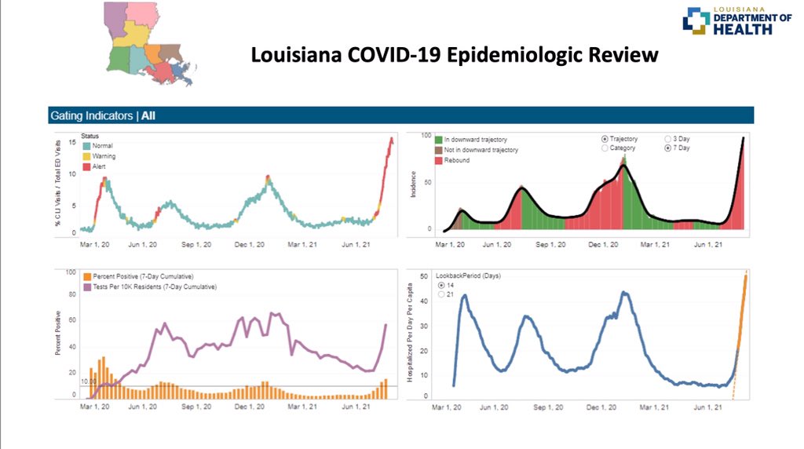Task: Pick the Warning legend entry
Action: (99, 156)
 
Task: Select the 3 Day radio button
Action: (667, 138)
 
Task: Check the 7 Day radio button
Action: (667, 148)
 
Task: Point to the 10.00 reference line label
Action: (89, 381)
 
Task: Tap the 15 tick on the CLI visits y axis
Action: (72, 142)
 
